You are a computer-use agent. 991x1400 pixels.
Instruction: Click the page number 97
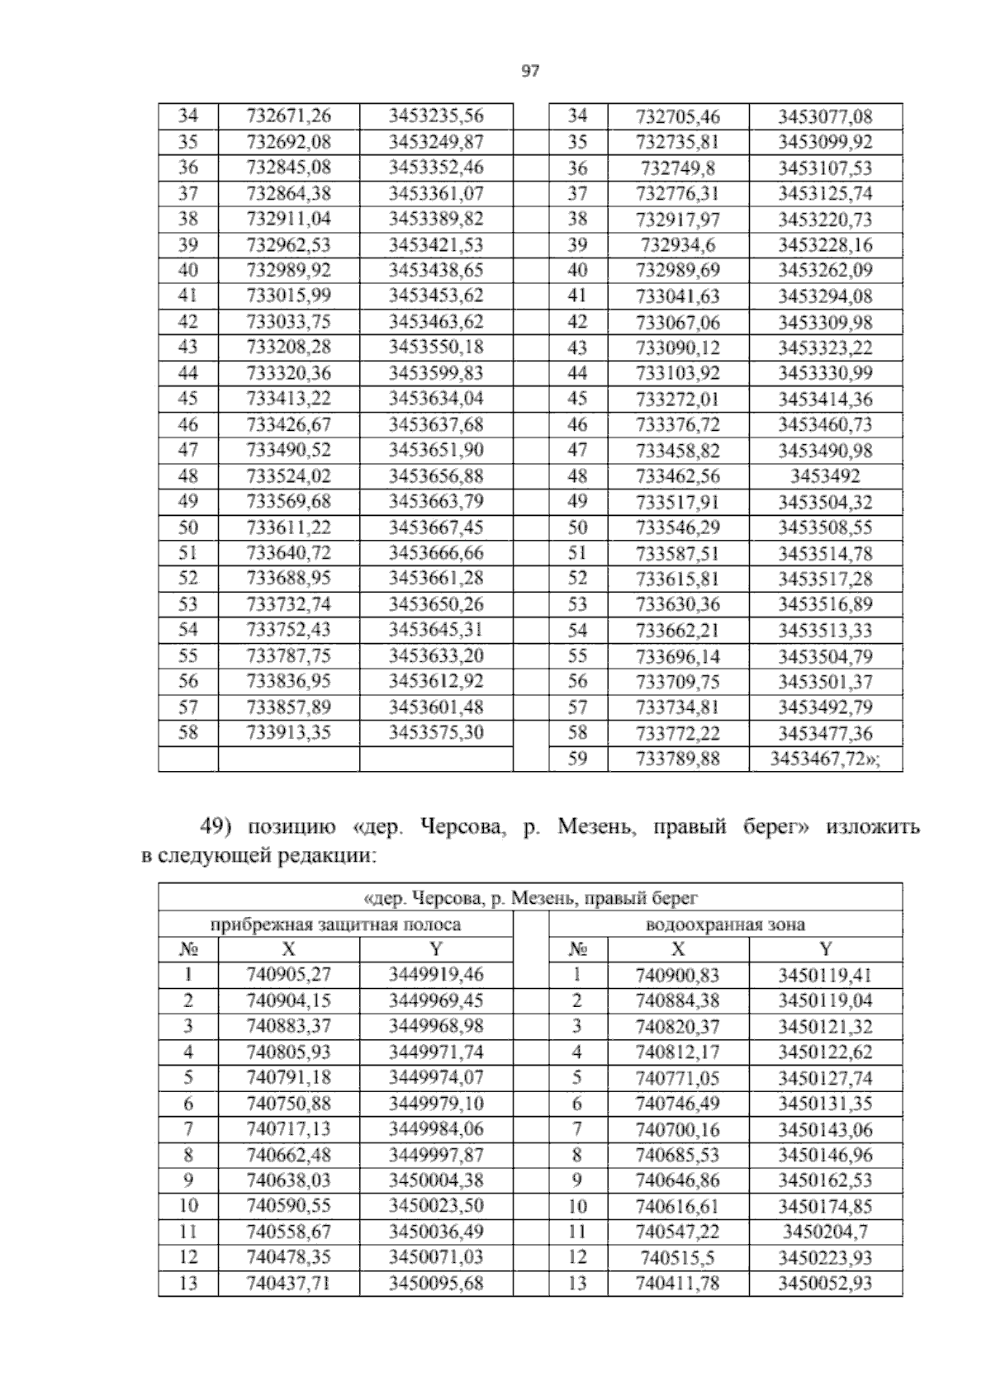(530, 72)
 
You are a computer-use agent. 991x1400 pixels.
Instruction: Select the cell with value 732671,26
(288, 116)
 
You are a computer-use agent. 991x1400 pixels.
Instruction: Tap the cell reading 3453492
(825, 476)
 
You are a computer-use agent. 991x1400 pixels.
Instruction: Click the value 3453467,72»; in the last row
(825, 759)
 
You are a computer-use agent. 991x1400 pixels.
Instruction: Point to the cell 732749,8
(677, 168)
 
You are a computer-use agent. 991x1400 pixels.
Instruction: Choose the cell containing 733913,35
(288, 733)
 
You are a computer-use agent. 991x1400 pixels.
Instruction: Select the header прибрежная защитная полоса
(335, 925)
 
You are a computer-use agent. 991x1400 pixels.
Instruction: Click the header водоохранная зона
(725, 925)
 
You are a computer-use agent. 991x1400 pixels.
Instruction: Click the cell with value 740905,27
(288, 975)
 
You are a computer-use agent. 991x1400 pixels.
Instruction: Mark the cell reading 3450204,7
(825, 1232)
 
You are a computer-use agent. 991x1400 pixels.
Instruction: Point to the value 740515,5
(677, 1258)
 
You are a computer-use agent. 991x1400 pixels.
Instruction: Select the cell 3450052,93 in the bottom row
(825, 1284)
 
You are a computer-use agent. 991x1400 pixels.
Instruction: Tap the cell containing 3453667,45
(436, 527)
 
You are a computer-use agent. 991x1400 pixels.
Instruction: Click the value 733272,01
(677, 400)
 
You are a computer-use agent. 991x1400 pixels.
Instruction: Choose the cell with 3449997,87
(436, 1155)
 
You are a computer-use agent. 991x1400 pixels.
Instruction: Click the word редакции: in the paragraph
(329, 857)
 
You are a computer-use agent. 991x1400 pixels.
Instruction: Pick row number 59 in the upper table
(577, 759)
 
